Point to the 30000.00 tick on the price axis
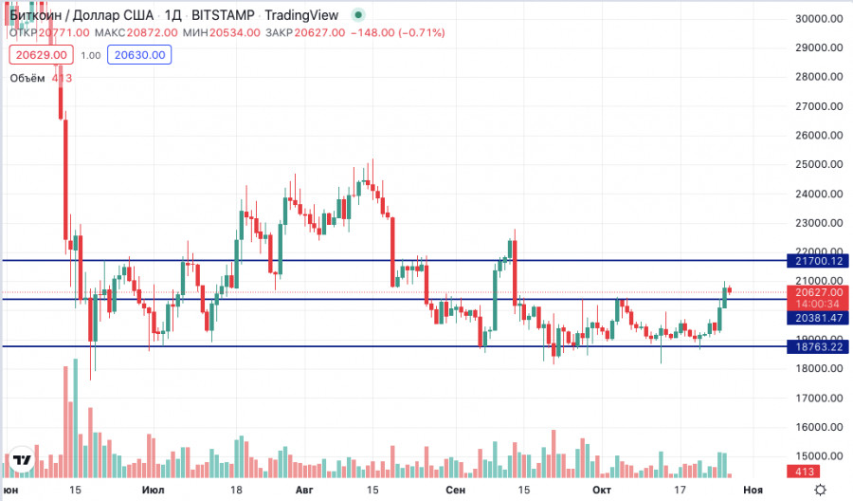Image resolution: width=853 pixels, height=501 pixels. (x=820, y=18)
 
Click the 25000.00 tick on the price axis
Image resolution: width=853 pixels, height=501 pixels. (x=820, y=164)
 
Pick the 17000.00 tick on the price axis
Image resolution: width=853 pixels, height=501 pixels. (x=820, y=398)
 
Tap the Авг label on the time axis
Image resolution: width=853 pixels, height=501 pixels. (x=304, y=490)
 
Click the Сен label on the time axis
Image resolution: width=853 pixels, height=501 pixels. (x=455, y=490)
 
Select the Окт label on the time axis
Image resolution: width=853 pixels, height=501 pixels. (x=600, y=490)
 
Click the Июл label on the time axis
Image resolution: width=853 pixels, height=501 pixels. (x=151, y=490)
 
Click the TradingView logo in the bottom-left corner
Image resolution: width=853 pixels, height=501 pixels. (x=23, y=461)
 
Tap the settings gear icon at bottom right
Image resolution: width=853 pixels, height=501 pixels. (x=821, y=490)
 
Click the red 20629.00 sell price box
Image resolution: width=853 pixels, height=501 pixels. (x=39, y=55)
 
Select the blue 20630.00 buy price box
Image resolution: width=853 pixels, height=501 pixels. (x=140, y=55)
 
